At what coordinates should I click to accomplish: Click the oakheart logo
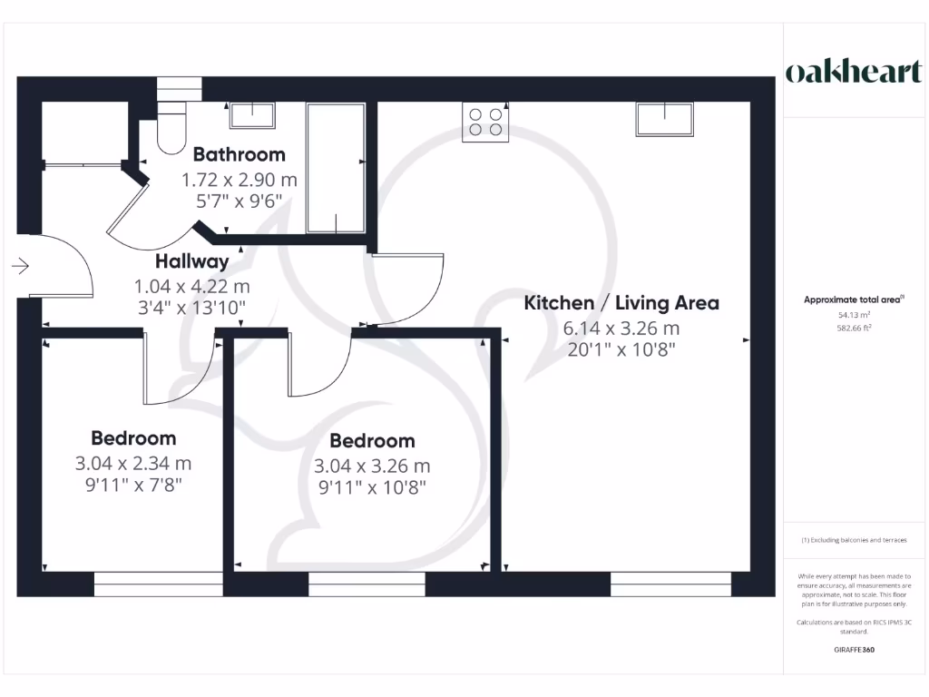coord(853,73)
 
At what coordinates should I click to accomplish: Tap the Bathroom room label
coord(239,154)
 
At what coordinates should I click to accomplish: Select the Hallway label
coord(191,262)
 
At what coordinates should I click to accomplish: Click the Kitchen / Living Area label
coord(621,303)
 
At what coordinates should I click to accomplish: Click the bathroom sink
coord(252,115)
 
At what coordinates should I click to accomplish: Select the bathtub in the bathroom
coord(335,169)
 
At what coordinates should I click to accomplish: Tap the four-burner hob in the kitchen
coord(484,123)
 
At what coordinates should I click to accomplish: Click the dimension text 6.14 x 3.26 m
coord(621,329)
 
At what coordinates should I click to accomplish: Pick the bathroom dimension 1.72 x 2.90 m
coord(239,180)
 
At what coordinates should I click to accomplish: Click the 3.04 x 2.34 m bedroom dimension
coord(133,464)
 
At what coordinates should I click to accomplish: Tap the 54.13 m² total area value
coord(852,314)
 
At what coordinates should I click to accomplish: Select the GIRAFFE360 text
coord(853,651)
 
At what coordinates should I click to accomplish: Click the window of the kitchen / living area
coord(670,584)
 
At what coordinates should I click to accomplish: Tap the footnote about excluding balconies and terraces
coord(853,540)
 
